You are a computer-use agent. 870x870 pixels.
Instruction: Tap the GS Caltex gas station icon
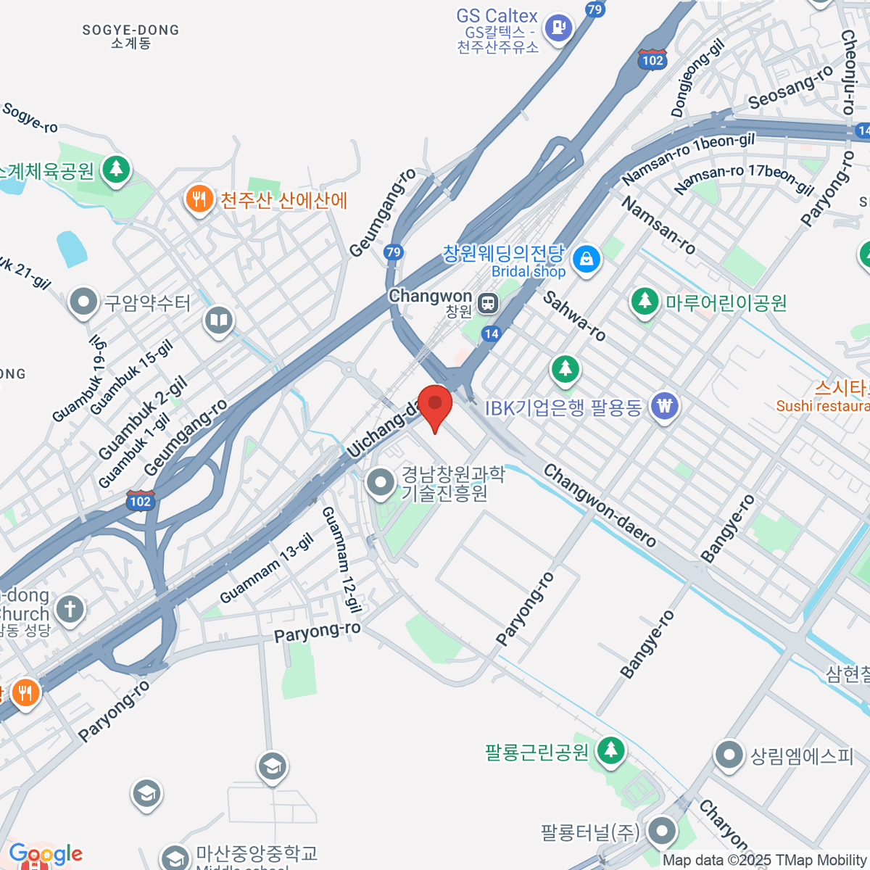[x=558, y=28]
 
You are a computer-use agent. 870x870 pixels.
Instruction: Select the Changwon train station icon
[x=489, y=302]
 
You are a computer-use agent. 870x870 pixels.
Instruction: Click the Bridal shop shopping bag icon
[x=586, y=259]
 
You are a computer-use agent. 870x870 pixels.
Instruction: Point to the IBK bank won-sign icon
[x=665, y=406]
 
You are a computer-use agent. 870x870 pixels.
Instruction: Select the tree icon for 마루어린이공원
[x=644, y=301]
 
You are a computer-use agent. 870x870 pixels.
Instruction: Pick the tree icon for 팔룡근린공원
[x=610, y=750]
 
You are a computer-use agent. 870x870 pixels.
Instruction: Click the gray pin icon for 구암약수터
[x=83, y=302]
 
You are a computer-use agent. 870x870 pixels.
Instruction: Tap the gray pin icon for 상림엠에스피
[x=729, y=755]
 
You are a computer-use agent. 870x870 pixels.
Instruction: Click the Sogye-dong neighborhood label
[x=130, y=36]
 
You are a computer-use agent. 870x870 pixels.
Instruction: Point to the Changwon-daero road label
[x=600, y=505]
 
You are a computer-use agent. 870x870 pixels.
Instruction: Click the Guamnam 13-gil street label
[x=267, y=568]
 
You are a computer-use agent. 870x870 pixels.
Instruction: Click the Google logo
[x=46, y=853]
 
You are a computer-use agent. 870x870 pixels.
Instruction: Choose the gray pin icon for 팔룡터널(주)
[x=661, y=832]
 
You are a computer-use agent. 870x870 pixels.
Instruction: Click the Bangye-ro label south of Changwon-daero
[x=647, y=644]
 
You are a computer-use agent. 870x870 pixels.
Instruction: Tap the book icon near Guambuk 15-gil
[x=218, y=320]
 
